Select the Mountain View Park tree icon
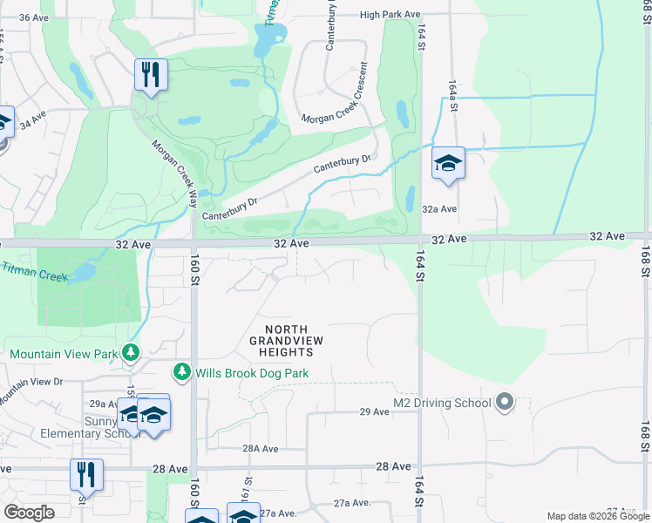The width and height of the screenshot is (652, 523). click(x=131, y=352)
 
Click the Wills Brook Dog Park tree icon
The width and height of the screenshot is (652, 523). click(x=182, y=372)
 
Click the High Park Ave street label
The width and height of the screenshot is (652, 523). click(x=390, y=15)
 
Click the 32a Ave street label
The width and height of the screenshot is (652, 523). click(x=439, y=209)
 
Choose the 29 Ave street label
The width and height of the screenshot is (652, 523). click(x=374, y=411)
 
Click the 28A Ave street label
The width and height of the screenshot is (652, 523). click(x=260, y=449)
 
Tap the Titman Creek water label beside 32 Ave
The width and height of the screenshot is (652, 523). click(x=33, y=273)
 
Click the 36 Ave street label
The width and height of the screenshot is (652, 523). click(x=33, y=17)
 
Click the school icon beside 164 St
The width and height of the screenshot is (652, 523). click(x=448, y=163)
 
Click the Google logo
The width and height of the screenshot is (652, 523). click(x=29, y=512)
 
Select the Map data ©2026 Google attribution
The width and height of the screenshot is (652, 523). click(x=598, y=516)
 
